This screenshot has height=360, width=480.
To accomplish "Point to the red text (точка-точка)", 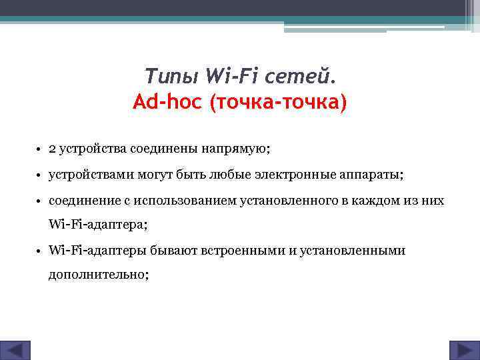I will pyautogui.click(x=279, y=103).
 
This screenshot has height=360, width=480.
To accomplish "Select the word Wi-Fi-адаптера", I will pyautogui.click(x=97, y=225).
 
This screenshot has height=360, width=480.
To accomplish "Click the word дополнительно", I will pyautogui.click(x=98, y=274).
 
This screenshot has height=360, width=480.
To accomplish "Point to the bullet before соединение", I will pyautogui.click(x=40, y=201).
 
